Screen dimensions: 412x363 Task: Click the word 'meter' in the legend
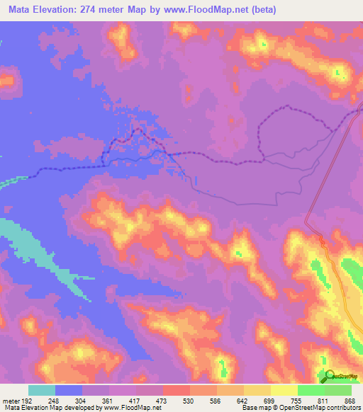click(8, 399)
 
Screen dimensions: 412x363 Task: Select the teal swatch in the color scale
click(42, 390)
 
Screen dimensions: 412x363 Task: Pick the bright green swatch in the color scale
click(311, 390)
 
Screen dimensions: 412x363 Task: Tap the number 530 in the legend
click(184, 399)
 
